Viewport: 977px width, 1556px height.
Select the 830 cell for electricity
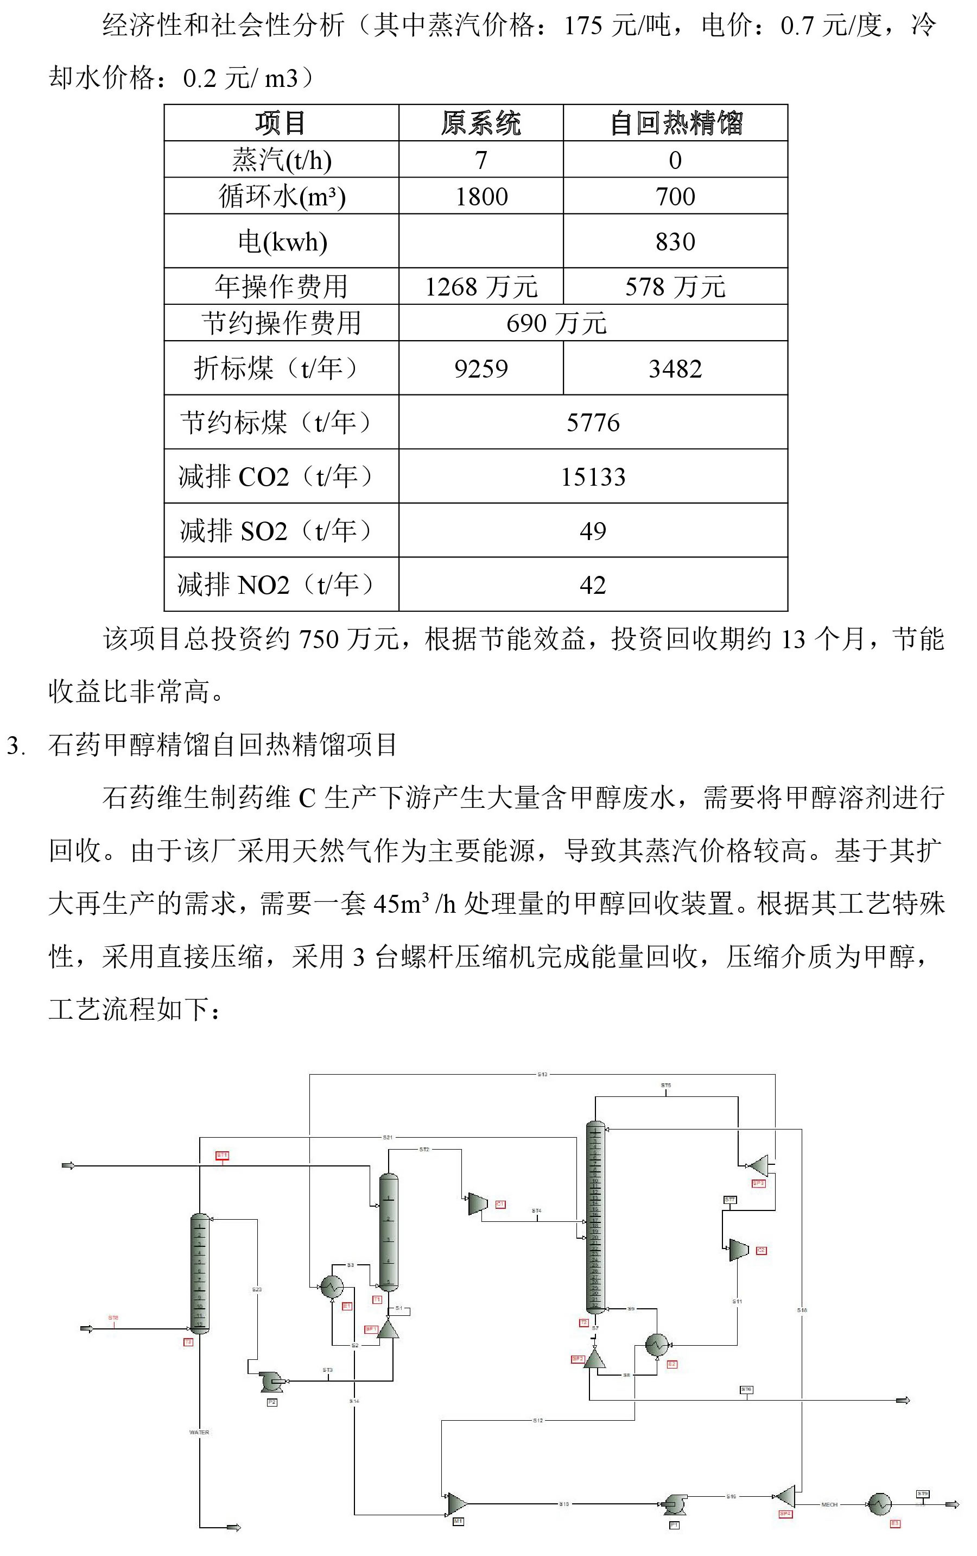pyautogui.click(x=675, y=242)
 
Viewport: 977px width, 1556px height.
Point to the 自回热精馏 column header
pyautogui.click(x=675, y=123)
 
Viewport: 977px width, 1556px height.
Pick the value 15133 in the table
pyautogui.click(x=593, y=477)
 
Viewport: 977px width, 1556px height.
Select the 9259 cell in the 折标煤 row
pyautogui.click(x=481, y=368)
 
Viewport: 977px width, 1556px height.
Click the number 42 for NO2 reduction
pyautogui.click(x=593, y=585)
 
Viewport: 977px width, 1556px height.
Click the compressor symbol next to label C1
pyautogui.click(x=478, y=1204)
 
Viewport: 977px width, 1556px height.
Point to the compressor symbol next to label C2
pyautogui.click(x=738, y=1250)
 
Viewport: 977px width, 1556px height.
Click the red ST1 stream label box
pyautogui.click(x=222, y=1155)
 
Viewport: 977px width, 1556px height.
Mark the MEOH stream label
pyautogui.click(x=829, y=1504)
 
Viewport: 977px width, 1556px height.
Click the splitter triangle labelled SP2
pyautogui.click(x=594, y=1359)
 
